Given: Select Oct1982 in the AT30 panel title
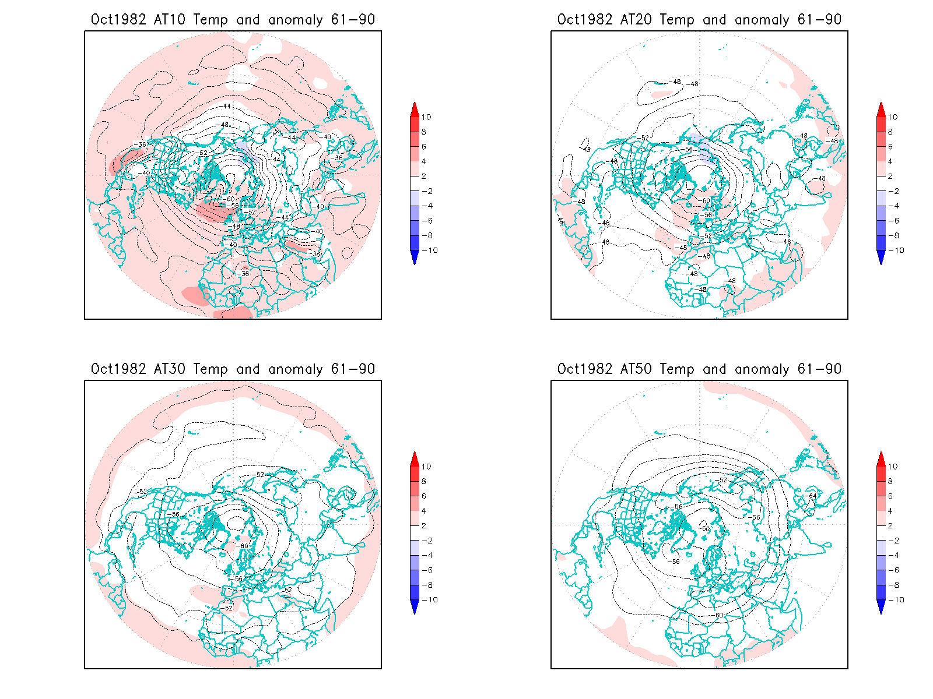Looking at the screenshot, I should click(x=118, y=369).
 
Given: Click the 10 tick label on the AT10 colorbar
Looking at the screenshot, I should click(x=426, y=117).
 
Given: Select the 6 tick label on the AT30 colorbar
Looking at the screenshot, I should click(x=424, y=496).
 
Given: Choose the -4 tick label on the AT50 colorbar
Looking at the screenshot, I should click(x=893, y=556).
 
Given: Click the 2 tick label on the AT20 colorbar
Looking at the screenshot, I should click(x=890, y=176).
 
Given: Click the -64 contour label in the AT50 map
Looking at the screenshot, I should click(x=812, y=496).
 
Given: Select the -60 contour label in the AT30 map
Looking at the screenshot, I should click(x=244, y=546).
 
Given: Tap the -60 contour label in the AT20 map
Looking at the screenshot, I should click(x=706, y=201).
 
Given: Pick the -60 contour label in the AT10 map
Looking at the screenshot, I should click(x=230, y=199).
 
